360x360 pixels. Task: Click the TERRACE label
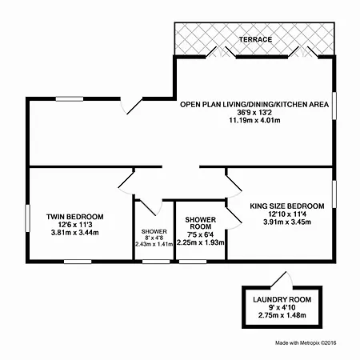click(x=255, y=39)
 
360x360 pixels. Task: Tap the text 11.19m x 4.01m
click(x=254, y=120)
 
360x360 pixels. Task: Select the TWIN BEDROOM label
click(x=75, y=217)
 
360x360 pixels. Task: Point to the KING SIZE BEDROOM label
click(x=287, y=206)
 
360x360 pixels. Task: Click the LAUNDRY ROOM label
click(x=282, y=299)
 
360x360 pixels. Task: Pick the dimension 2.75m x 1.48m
click(x=282, y=315)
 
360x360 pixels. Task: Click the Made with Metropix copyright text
click(x=306, y=342)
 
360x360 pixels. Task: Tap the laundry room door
click(x=282, y=280)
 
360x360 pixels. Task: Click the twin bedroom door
click(x=126, y=183)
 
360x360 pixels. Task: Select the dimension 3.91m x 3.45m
click(x=287, y=222)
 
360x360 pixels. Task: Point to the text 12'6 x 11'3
click(x=75, y=225)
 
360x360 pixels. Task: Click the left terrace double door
click(x=221, y=52)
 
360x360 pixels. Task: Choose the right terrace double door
click(x=303, y=52)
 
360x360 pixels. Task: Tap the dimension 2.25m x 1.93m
click(x=201, y=242)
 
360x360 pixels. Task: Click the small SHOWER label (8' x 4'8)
click(x=154, y=231)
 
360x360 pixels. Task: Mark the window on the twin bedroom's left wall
click(x=27, y=218)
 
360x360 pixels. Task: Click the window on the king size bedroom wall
click(x=334, y=194)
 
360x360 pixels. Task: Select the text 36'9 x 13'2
click(x=254, y=112)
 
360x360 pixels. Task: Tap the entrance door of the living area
click(x=131, y=106)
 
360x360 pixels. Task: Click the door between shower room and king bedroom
click(x=234, y=218)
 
